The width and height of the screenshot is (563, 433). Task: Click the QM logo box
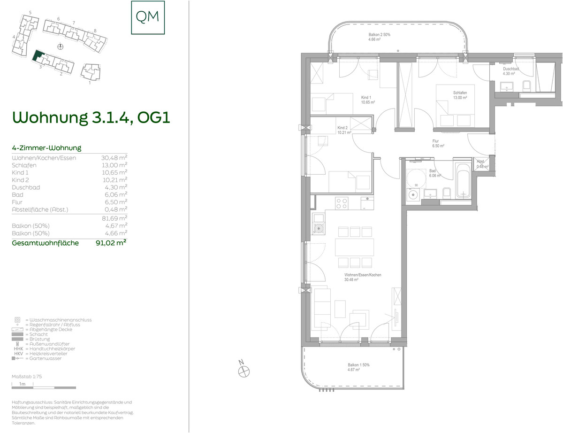tap(148, 17)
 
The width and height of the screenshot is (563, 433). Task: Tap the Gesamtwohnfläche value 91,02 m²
tap(111, 243)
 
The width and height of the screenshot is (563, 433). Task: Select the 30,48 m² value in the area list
tap(114, 158)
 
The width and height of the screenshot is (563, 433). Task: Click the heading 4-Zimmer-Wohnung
tap(46, 148)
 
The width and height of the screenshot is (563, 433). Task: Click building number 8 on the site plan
tap(95, 31)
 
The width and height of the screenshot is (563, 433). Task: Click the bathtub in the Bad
tap(463, 181)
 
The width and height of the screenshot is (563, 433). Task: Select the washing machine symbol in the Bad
tap(413, 195)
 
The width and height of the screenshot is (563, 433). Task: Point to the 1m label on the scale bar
tap(22, 384)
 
